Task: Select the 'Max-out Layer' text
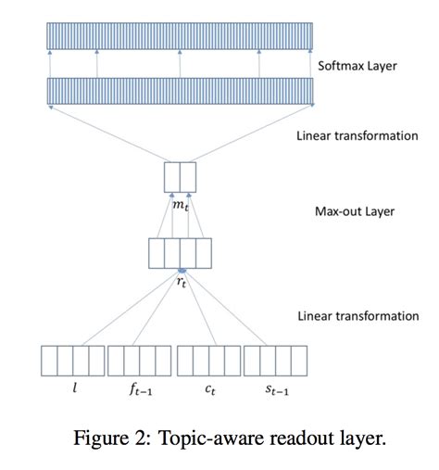tap(353, 211)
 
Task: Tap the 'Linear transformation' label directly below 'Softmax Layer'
tap(357, 135)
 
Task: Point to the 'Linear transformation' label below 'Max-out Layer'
tap(357, 316)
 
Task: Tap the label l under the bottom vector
tap(73, 390)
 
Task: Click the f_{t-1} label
tap(140, 391)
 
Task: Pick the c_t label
tap(209, 391)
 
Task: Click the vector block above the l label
tap(73, 360)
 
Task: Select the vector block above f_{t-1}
tap(140, 360)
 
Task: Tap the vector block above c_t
tap(208, 360)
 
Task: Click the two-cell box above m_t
tap(181, 177)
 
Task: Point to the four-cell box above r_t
tap(181, 252)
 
